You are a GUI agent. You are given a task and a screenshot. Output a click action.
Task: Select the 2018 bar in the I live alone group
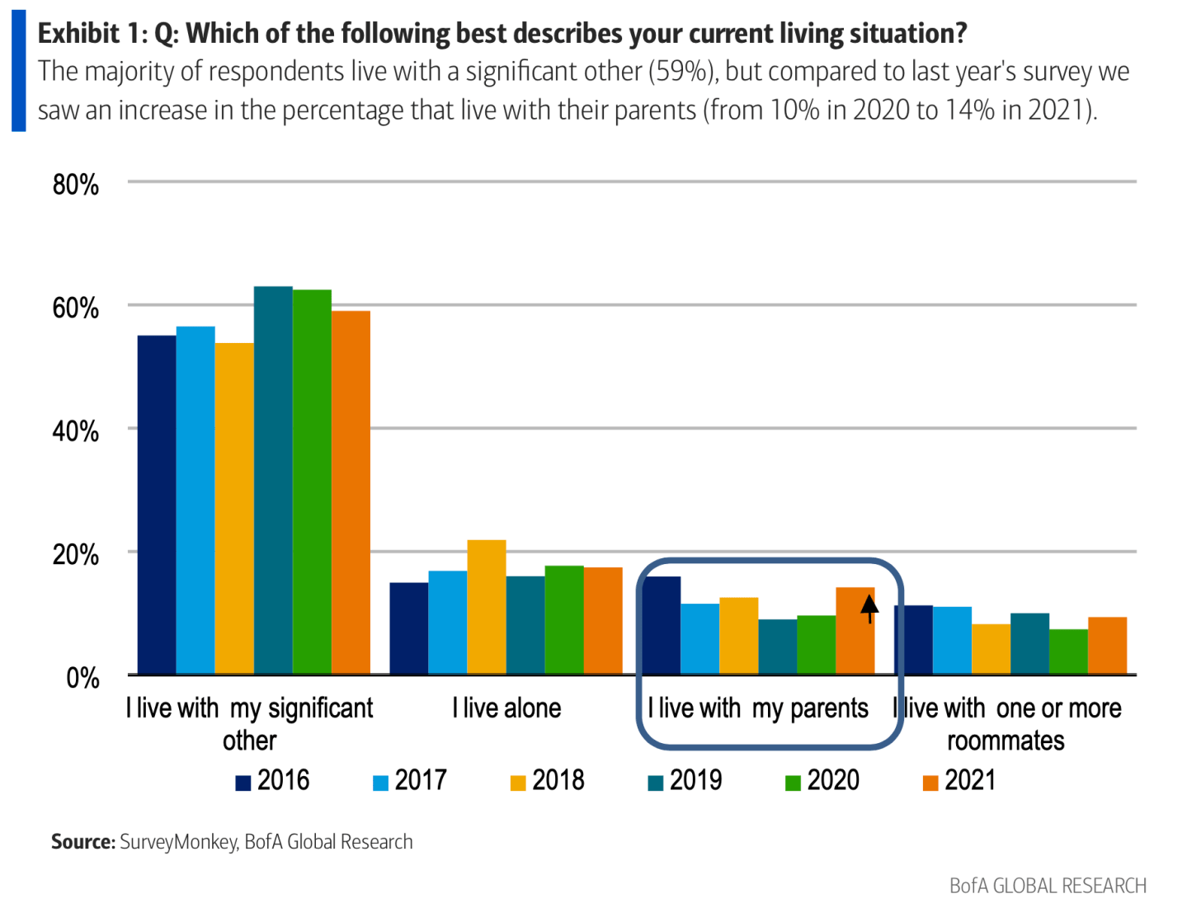(x=487, y=607)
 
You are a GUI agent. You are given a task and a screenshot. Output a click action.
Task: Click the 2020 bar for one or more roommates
(x=1068, y=652)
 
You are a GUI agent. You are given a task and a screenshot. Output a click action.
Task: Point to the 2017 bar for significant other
(x=195, y=501)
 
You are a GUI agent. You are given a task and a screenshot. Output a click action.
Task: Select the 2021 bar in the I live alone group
(x=603, y=621)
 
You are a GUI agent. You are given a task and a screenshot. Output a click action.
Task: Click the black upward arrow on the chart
(x=869, y=609)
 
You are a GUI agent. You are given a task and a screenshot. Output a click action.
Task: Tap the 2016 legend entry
(x=272, y=780)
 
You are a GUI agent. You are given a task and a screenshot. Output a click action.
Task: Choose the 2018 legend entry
(x=548, y=780)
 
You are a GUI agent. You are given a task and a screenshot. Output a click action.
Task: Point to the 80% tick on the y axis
(x=76, y=185)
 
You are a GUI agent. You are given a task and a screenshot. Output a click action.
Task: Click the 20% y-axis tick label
(x=76, y=555)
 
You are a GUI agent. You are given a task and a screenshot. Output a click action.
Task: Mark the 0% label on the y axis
(x=82, y=679)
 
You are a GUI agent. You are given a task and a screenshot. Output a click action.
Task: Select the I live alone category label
(x=506, y=708)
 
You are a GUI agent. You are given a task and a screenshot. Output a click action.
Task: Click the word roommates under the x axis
(x=1006, y=741)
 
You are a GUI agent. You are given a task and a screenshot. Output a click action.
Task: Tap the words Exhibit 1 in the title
(x=90, y=34)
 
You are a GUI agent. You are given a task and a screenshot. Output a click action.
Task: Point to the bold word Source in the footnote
(x=82, y=842)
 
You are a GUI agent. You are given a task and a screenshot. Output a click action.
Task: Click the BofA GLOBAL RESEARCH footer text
(x=1048, y=886)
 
